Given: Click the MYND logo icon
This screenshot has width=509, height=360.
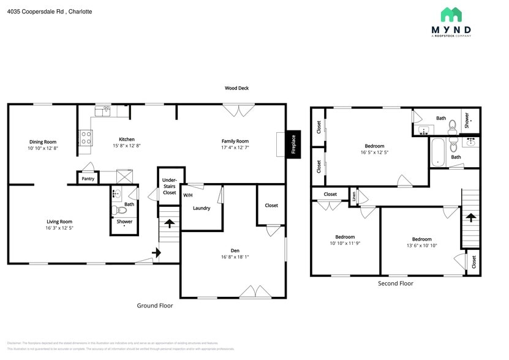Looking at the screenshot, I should click(451, 15).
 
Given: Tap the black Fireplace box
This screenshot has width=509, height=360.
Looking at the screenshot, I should click(293, 145).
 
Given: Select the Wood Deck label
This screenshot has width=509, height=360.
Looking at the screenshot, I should click(236, 88).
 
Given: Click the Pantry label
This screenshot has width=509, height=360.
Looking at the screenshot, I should click(88, 179).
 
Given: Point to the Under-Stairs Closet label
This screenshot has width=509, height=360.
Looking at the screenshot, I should click(169, 186).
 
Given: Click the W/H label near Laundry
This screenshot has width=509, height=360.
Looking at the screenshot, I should click(187, 195).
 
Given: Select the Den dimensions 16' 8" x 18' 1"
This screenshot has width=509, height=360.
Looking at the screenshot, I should click(235, 257).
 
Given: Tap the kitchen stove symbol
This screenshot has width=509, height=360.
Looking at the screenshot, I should click(85, 138).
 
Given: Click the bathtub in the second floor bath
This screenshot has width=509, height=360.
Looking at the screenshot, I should click(437, 152).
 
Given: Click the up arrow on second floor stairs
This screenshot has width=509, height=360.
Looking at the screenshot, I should click(470, 217).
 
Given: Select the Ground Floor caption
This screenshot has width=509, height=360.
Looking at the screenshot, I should click(154, 305).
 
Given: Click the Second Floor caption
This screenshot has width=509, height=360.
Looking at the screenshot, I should click(395, 283).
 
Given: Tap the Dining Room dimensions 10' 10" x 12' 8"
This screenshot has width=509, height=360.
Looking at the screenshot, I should click(43, 148).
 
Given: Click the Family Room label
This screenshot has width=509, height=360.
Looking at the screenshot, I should click(235, 141).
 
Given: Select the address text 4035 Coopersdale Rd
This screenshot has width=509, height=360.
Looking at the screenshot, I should click(36, 11).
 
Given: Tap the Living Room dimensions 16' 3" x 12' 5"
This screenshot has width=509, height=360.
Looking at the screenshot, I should click(59, 228).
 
